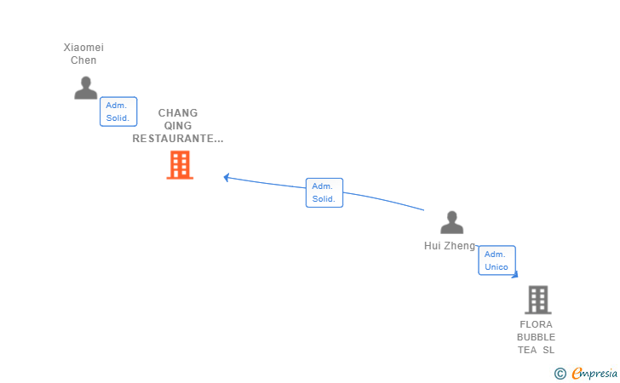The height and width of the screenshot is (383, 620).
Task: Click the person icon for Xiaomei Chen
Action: tap(85, 88)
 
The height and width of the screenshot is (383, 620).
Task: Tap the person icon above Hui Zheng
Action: tap(451, 223)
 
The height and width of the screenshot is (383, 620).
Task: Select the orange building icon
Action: tap(180, 165)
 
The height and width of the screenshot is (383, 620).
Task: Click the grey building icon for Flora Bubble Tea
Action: tap(537, 300)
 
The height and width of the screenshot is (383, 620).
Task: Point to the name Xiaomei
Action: tap(83, 48)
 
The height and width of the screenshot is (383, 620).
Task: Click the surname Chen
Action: tap(83, 60)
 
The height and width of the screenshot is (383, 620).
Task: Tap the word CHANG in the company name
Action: tap(178, 113)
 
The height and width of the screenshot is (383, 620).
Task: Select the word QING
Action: tap(178, 126)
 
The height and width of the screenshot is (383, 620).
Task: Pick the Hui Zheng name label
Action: tap(450, 246)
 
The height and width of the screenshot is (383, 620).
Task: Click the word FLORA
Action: tap(536, 324)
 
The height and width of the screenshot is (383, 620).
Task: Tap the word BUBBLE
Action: tap(536, 337)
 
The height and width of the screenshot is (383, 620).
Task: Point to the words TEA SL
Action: tap(536, 350)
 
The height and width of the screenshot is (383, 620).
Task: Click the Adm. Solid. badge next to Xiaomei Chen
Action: tap(118, 111)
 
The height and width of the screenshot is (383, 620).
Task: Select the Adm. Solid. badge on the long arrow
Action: tap(324, 192)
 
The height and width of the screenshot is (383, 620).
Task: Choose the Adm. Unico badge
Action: tap(497, 260)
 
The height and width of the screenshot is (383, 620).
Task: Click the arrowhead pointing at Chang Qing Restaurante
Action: tap(227, 177)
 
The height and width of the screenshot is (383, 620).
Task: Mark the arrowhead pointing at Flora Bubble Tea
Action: tap(514, 274)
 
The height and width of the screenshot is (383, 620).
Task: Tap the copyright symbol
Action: tap(560, 373)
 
